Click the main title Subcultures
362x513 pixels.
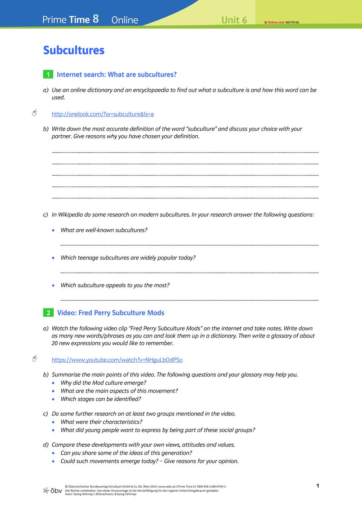click(x=74, y=51)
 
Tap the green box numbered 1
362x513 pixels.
click(x=48, y=75)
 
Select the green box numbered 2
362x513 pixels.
click(x=48, y=313)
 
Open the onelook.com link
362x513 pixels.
click(x=102, y=114)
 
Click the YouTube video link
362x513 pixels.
click(x=117, y=360)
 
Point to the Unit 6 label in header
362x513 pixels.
click(x=234, y=20)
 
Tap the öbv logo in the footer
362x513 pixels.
click(x=52, y=490)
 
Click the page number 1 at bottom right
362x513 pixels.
click(x=317, y=486)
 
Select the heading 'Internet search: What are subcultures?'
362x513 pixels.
click(x=117, y=75)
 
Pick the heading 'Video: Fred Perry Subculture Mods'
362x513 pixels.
click(x=111, y=313)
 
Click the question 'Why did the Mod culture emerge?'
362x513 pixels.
click(x=103, y=383)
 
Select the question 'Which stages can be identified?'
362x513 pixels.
click(x=101, y=399)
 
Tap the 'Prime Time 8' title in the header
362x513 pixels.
click(x=70, y=19)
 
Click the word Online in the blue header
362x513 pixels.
click(x=124, y=20)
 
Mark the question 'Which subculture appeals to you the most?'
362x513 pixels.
click(x=115, y=285)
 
